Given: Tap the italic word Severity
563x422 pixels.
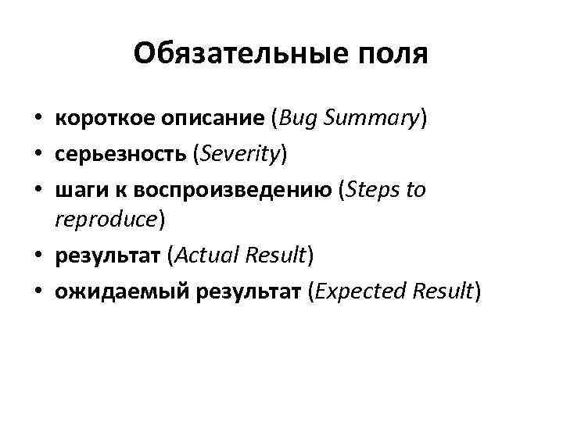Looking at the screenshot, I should coord(240,155).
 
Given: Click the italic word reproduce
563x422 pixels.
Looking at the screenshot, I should coord(106,221).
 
